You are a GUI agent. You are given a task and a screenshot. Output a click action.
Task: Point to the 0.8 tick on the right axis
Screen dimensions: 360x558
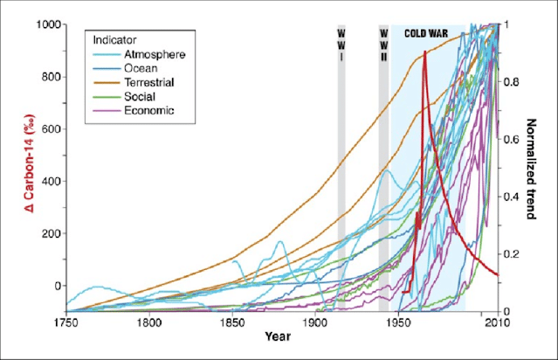point(512,82)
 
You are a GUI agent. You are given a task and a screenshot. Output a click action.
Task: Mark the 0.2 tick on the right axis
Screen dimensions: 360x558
point(512,254)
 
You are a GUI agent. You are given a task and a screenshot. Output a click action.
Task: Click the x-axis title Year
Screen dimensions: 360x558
point(280,336)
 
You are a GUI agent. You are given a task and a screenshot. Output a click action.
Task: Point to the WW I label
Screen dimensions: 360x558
point(341,45)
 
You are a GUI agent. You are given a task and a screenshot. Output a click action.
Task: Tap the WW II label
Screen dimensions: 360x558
point(383,45)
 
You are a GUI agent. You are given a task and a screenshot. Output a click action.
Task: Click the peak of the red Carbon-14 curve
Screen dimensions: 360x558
point(425,52)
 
